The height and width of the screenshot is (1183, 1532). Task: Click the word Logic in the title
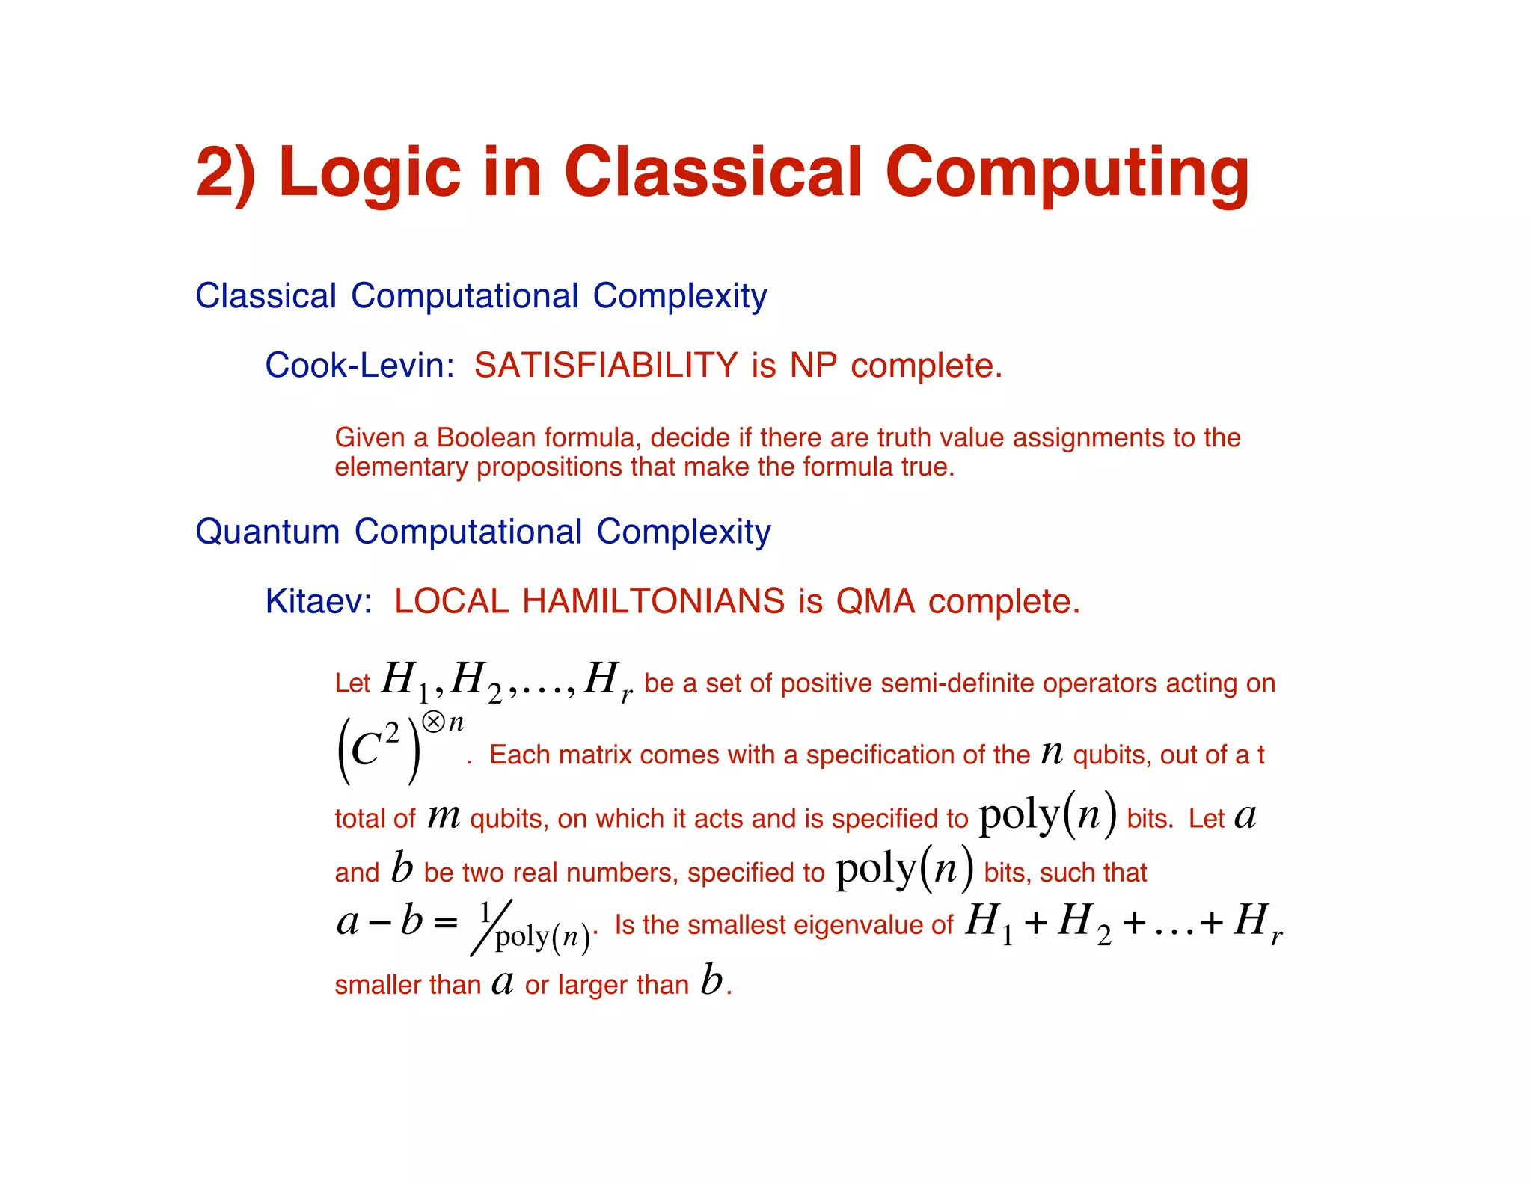[369, 173]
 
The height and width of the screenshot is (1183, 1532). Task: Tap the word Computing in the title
[1067, 173]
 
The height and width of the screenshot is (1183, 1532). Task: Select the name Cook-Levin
[359, 366]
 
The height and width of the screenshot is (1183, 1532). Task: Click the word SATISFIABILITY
[606, 366]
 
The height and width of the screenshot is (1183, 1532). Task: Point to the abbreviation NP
[813, 366]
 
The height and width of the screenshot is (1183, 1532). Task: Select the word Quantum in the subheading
[267, 532]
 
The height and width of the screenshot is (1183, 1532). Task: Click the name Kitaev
[318, 601]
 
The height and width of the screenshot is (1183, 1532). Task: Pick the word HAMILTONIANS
[653, 601]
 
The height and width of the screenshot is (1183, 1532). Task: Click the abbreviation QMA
[875, 601]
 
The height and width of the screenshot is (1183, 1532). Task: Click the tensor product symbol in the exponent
[433, 722]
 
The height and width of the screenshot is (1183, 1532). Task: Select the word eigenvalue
[860, 925]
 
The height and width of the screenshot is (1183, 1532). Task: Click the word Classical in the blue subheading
[266, 296]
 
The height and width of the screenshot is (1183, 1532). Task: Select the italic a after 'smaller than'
[503, 982]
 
